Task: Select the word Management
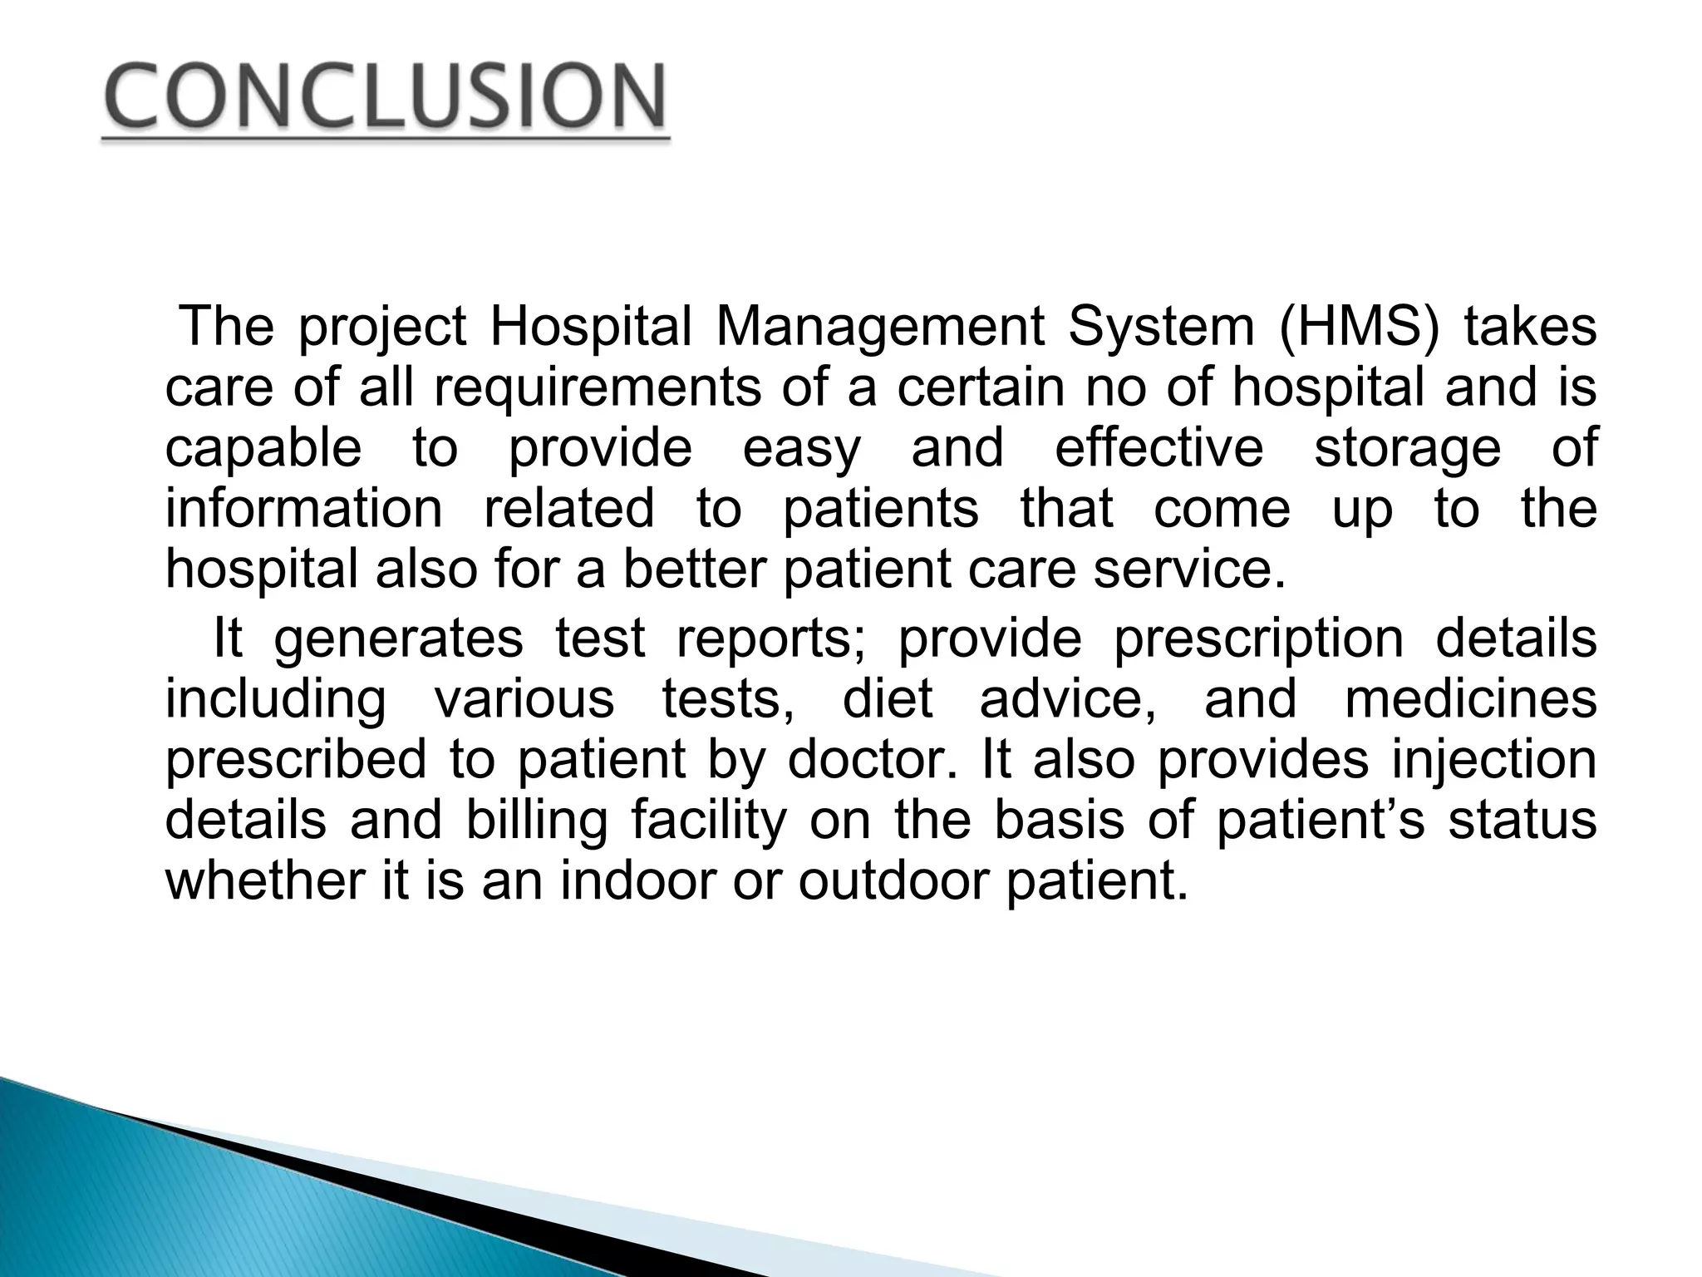(879, 327)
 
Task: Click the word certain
(981, 387)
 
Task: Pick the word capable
(263, 448)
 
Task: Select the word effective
(1158, 448)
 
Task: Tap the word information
(304, 509)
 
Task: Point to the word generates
(398, 638)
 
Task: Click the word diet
(888, 699)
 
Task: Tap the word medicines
(1470, 699)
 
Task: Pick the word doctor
(872, 760)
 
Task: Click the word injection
(1493, 760)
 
